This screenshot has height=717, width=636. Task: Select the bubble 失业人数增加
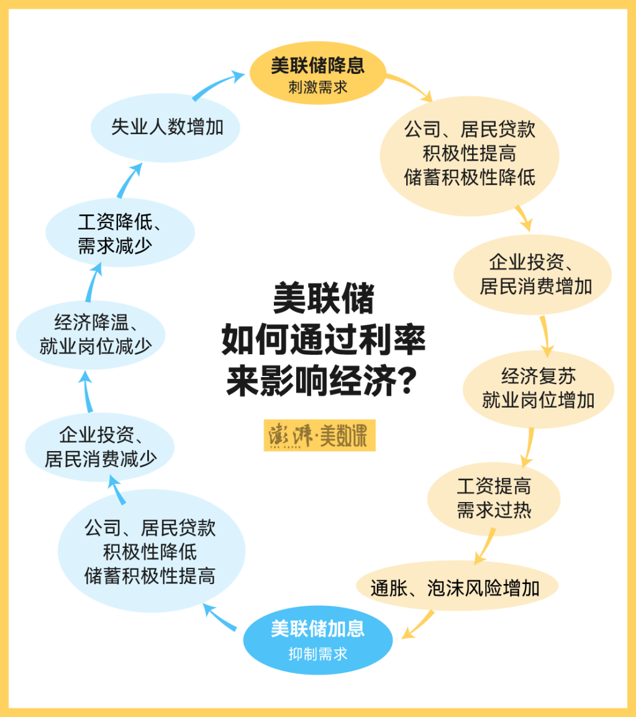(166, 127)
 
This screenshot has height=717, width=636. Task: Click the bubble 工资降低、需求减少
(120, 233)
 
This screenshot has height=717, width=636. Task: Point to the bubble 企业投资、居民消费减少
(100, 447)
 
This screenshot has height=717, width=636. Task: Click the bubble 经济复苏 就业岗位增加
(538, 388)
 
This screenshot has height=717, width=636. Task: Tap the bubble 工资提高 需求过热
(494, 498)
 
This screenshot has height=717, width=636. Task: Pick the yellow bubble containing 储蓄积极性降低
(469, 153)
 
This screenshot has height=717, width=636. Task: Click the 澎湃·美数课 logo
(319, 436)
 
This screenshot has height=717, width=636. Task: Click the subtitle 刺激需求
(317, 87)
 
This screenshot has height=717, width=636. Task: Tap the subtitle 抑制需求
(317, 654)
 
